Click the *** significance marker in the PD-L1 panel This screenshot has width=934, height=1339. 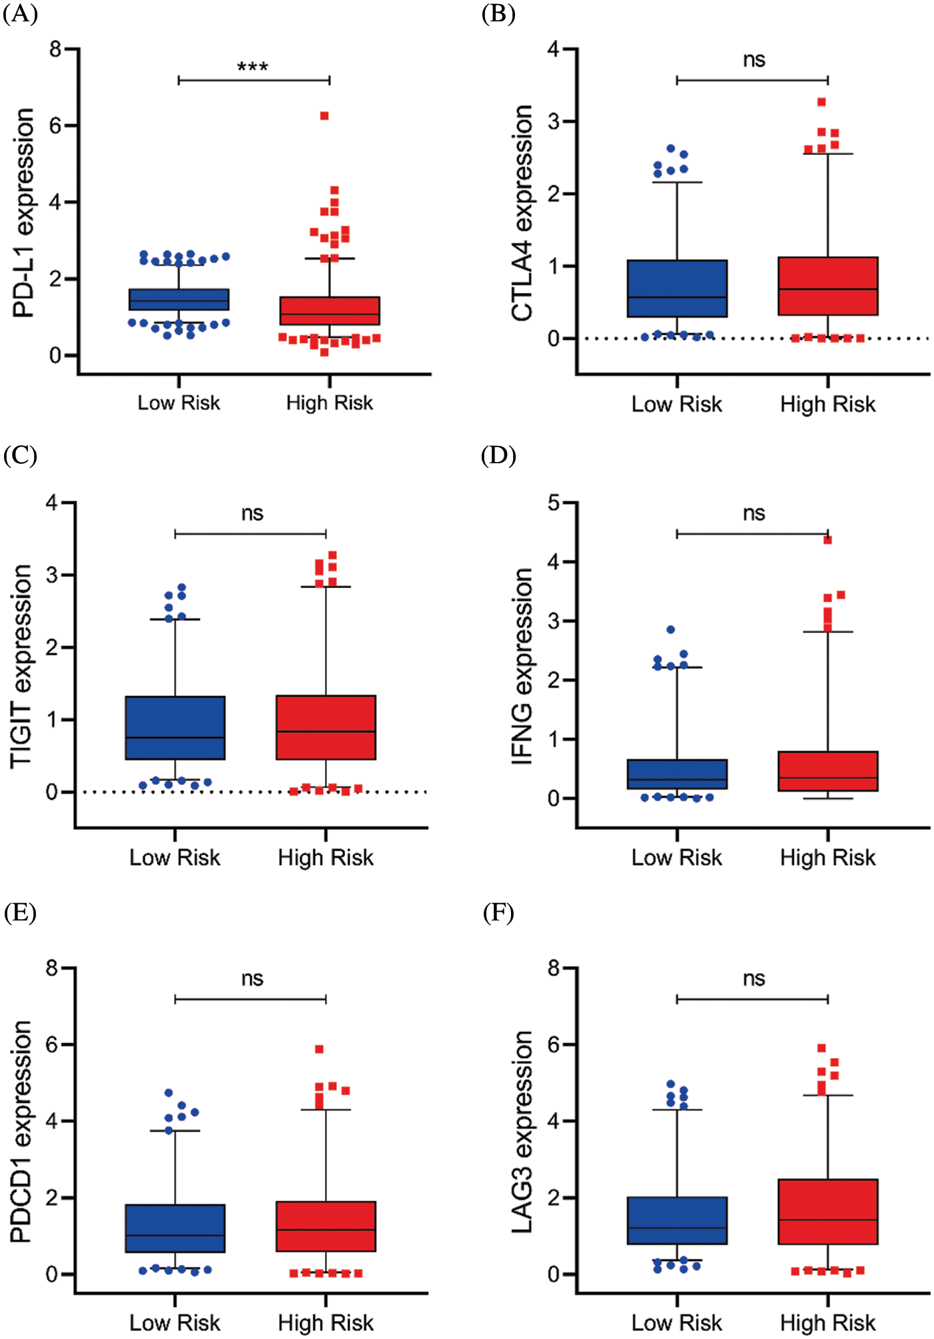pyautogui.click(x=253, y=67)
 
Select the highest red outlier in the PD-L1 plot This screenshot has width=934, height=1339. pyautogui.click(x=324, y=116)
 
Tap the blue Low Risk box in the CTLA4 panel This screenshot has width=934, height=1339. pyautogui.click(x=677, y=288)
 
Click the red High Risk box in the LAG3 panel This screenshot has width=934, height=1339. pyautogui.click(x=828, y=1212)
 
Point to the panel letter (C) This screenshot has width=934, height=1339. pyautogui.click(x=19, y=456)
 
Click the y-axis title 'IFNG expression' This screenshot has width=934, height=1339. pyautogui.click(x=522, y=665)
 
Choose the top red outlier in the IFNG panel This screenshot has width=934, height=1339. pyautogui.click(x=828, y=540)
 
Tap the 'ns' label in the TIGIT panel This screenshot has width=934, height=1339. pyautogui.click(x=252, y=513)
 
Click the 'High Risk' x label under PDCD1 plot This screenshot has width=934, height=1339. pyautogui.click(x=326, y=1322)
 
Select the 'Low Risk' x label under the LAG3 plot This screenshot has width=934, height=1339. pyautogui.click(x=676, y=1322)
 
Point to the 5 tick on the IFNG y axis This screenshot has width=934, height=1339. pyautogui.click(x=554, y=503)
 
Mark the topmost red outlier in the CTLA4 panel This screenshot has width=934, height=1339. pyautogui.click(x=822, y=102)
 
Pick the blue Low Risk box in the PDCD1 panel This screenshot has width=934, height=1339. pyautogui.click(x=175, y=1228)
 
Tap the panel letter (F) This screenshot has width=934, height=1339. pyautogui.click(x=498, y=912)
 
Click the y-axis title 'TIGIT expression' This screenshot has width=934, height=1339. pyautogui.click(x=21, y=665)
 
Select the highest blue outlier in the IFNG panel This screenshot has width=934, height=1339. pyautogui.click(x=670, y=629)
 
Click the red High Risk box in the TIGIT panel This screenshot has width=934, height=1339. pyautogui.click(x=326, y=728)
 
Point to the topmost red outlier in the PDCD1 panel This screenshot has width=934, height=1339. pyautogui.click(x=320, y=1049)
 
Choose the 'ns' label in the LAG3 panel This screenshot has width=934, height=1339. pyautogui.click(x=754, y=979)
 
